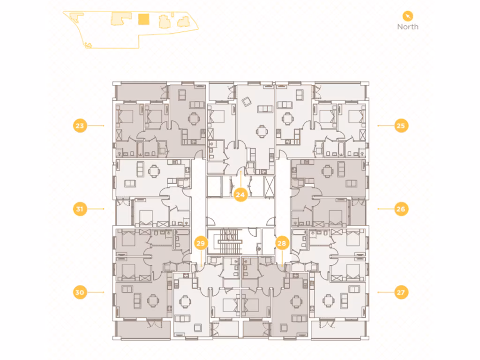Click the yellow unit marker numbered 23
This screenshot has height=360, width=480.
[80, 126]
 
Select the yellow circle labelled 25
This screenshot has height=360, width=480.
[401, 126]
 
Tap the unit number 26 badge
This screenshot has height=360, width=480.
[401, 209]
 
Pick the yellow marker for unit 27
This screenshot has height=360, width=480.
[401, 292]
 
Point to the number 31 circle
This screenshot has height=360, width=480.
[80, 209]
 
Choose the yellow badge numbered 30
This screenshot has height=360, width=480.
[80, 292]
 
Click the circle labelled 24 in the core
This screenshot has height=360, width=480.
[240, 195]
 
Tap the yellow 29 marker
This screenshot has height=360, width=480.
[201, 243]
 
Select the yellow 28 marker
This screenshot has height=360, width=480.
[282, 243]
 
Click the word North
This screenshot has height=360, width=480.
[408, 27]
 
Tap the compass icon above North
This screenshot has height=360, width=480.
[408, 15]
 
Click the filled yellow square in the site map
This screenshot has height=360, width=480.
[143, 20]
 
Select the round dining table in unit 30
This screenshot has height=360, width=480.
[154, 300]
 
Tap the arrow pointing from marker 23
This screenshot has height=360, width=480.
[96, 126]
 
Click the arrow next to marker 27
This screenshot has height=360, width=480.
[385, 292]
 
